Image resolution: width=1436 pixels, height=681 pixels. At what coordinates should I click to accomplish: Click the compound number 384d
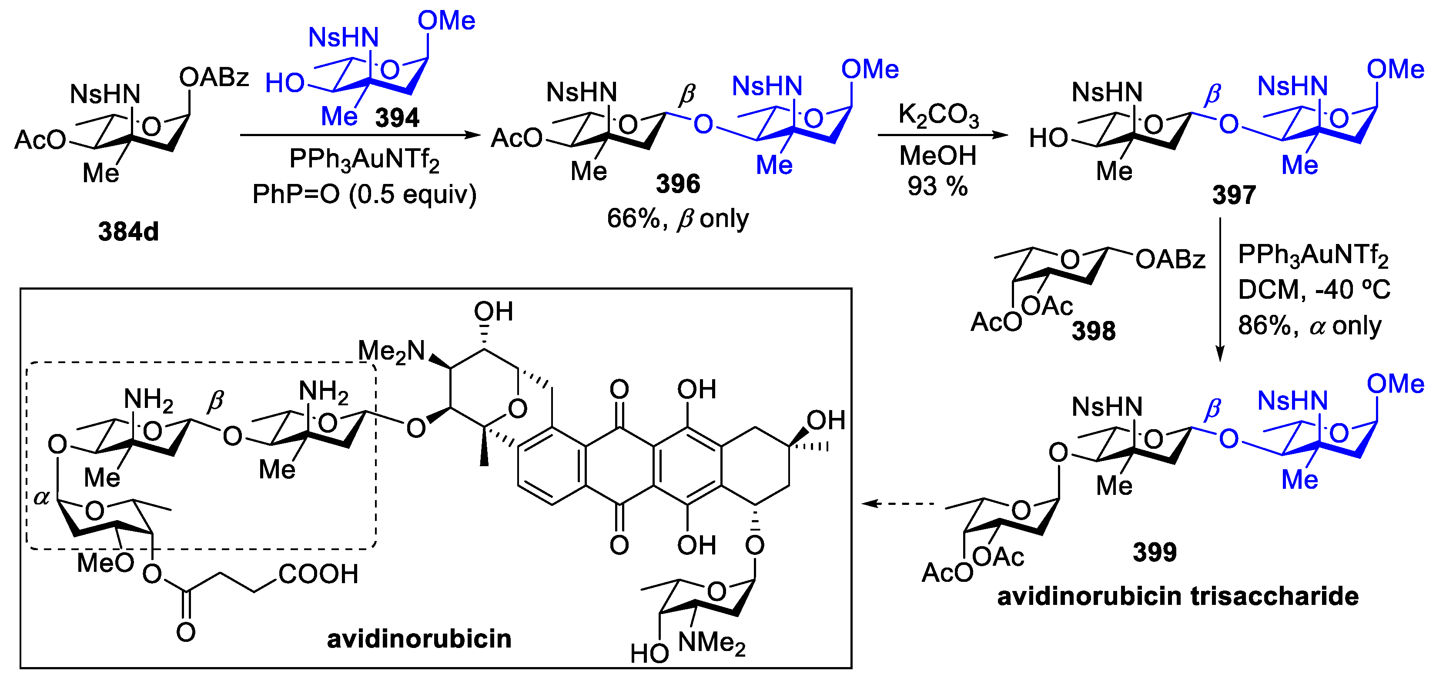(128, 231)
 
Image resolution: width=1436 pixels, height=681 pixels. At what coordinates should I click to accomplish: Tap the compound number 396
(678, 184)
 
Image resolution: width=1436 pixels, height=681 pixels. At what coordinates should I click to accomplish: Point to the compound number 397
(1234, 195)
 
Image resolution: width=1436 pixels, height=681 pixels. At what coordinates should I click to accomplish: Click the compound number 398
(1093, 331)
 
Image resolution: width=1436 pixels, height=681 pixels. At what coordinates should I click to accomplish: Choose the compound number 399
(1155, 552)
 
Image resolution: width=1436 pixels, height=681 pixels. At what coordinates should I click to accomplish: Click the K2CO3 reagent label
(938, 116)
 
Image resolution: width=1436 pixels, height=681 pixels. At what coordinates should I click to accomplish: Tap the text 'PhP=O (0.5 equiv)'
(365, 194)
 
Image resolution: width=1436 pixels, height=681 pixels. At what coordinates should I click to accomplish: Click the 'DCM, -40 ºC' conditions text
(1313, 290)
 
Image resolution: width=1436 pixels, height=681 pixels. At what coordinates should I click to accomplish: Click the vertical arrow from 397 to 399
(1220, 290)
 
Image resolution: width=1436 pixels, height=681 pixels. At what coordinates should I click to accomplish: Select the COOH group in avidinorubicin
(318, 574)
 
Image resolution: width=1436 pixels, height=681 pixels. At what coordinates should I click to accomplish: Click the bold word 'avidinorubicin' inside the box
(418, 639)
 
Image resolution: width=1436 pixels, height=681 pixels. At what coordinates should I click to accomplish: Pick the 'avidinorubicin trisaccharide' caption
(1177, 596)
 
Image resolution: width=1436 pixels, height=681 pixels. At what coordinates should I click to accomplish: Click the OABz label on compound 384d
(214, 77)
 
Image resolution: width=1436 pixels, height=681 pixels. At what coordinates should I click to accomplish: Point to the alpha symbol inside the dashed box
(42, 497)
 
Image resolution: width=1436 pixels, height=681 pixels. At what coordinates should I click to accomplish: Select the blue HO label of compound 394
(285, 83)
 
